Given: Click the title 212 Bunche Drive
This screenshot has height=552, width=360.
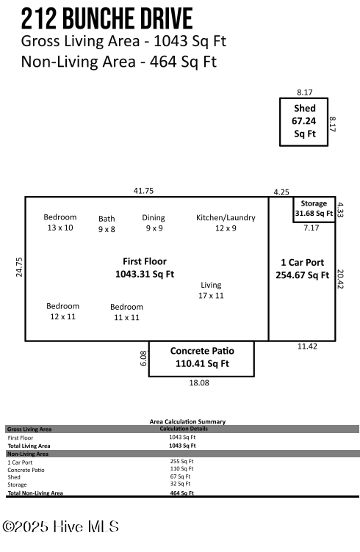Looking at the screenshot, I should pos(107,18).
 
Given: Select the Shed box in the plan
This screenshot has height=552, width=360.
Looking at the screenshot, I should pos(304,121).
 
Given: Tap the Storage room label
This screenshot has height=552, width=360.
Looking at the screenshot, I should pos(314,208).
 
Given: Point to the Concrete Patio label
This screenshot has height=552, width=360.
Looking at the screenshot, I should pos(201,357).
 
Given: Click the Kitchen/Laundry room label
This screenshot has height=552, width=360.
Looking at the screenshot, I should pos(226,222).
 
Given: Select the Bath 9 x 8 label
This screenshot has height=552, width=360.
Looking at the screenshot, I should pos(107,223).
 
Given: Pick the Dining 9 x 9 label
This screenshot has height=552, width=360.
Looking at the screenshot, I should pos(154,222).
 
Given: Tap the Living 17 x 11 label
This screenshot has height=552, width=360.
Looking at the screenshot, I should pos(211,290).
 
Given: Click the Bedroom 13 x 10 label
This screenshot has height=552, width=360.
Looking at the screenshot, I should pos(60,222).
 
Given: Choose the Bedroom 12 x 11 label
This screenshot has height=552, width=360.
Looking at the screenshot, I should pos(62,310).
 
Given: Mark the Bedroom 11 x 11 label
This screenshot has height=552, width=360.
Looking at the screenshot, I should pos(126,312).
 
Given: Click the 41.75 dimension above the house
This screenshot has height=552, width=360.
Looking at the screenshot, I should pos(143,191).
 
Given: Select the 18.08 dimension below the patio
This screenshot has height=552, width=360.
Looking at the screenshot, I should pos(200,382).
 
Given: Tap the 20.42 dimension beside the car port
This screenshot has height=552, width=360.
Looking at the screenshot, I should pos(340,278).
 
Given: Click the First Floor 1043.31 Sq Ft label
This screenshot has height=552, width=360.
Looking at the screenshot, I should pos(145,268).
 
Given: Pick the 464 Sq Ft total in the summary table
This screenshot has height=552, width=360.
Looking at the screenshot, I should pos(183,493).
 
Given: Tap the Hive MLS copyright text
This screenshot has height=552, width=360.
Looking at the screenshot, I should pos(60,526).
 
